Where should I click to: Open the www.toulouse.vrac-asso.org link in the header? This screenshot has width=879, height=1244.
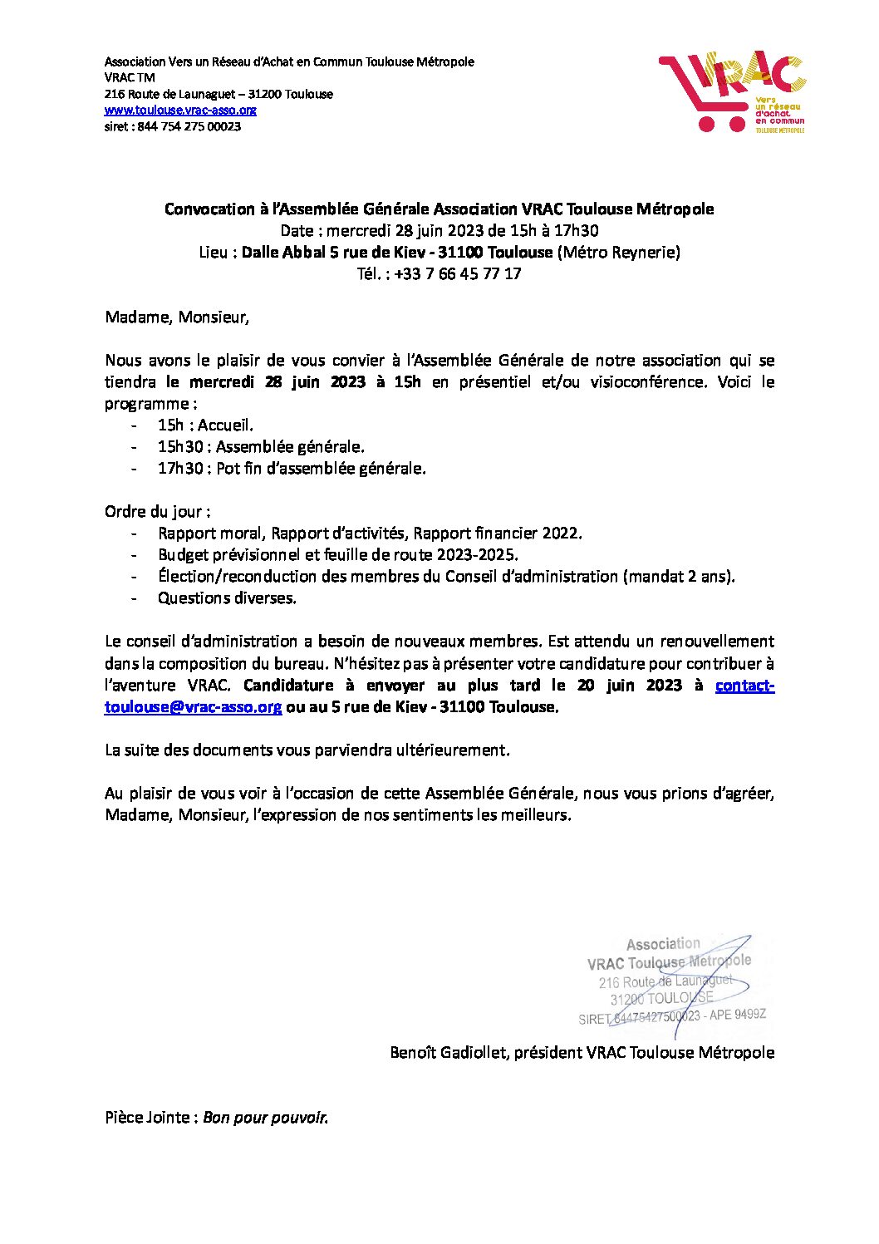coord(180,111)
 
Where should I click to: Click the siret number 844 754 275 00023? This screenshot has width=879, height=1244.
coord(189,127)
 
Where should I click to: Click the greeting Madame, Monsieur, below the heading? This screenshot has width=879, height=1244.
coord(176,317)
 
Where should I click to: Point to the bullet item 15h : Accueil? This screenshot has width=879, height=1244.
coord(205,425)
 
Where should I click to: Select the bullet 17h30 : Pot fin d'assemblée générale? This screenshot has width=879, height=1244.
coord(292,469)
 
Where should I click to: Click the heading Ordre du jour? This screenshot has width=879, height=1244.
coord(157,512)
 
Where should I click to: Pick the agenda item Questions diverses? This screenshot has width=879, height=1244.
coord(227,598)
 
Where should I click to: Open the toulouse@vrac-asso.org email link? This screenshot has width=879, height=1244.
coord(193,707)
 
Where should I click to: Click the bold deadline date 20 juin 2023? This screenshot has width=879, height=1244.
coord(630,686)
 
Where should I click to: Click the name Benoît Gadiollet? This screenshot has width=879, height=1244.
coord(449,1053)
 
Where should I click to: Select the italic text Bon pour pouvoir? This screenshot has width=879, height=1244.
coord(266,1118)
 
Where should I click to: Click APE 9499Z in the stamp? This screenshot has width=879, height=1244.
coord(738,1015)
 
